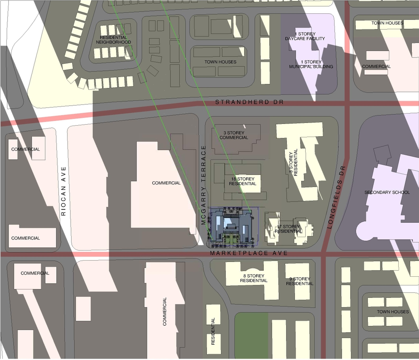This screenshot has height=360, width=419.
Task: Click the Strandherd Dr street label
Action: pyautogui.click(x=249, y=102)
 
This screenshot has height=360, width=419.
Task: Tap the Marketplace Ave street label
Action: pyautogui.click(x=249, y=253)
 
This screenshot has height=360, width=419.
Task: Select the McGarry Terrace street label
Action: pyautogui.click(x=203, y=185)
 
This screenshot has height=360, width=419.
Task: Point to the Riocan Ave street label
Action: pyautogui.click(x=64, y=191)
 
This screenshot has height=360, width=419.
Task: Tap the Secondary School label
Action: pyautogui.click(x=387, y=193)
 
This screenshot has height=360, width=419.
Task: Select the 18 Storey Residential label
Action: pyautogui.click(x=243, y=181)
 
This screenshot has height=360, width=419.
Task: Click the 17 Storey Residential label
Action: pyautogui.click(x=288, y=229)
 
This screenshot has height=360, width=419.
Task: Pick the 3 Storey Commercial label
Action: pyautogui.click(x=234, y=135)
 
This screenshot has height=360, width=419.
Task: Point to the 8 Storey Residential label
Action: pyautogui.click(x=254, y=278)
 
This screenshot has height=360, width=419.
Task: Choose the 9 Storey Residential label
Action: pyautogui.click(x=300, y=281)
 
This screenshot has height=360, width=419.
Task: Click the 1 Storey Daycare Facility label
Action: pyautogui.click(x=305, y=36)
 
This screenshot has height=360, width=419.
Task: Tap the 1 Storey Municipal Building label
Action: pyautogui.click(x=311, y=64)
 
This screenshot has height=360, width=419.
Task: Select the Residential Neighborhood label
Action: pyautogui.click(x=113, y=40)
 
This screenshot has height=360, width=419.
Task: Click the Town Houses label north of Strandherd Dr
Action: pyautogui.click(x=220, y=62)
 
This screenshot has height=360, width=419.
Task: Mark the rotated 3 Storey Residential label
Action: pyautogui.click(x=293, y=163)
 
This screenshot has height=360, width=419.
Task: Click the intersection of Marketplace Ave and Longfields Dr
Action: pyautogui.click(x=323, y=254)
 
